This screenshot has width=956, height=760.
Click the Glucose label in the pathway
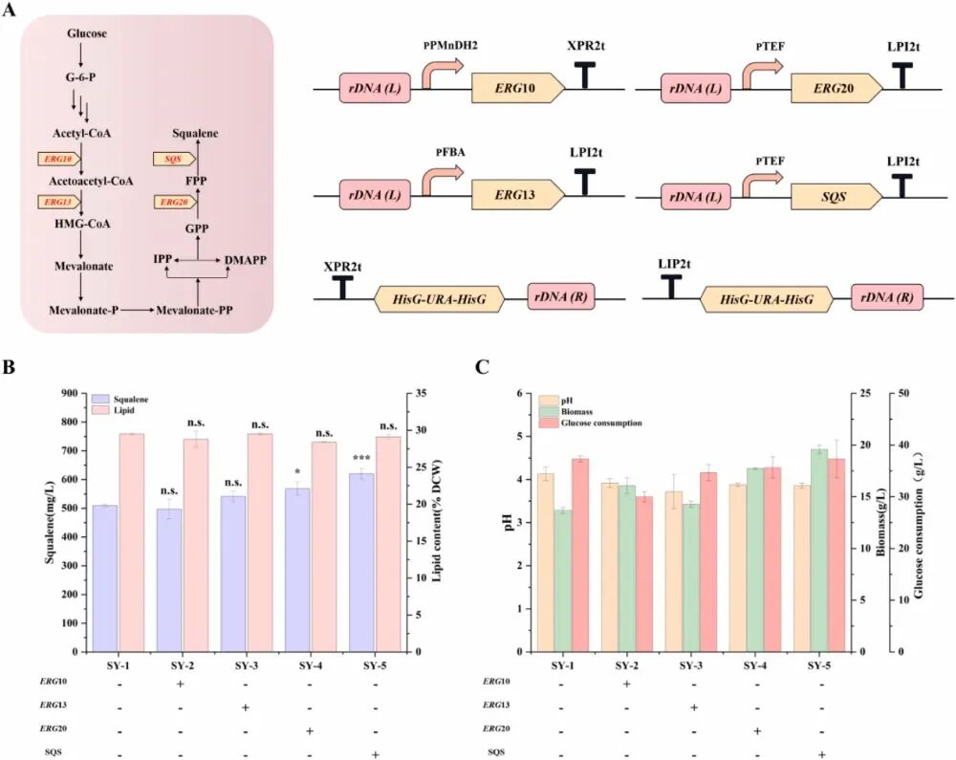(87, 34)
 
